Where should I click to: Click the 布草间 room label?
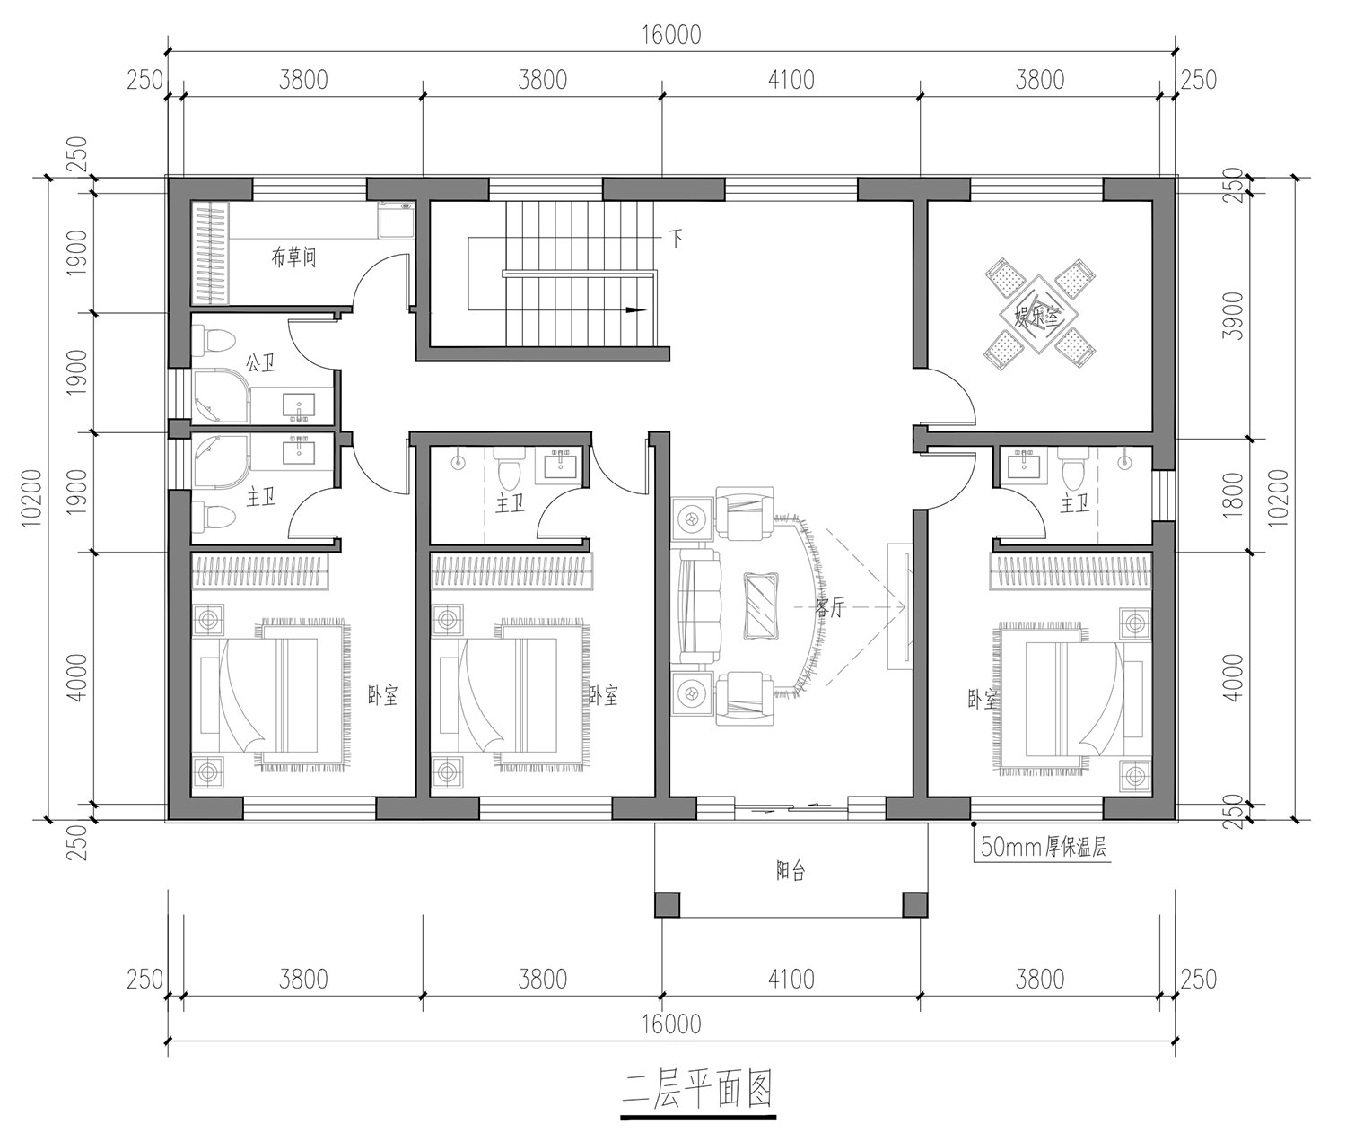pos(293,257)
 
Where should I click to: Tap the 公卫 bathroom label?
pos(261,361)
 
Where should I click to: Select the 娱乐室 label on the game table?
pos(1038,317)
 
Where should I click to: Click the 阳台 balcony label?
pos(791,870)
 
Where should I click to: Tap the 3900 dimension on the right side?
pos(1233,316)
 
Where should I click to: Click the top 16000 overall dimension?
pos(671,34)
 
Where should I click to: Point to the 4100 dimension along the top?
pos(791,80)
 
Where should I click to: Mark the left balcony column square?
pos(668,904)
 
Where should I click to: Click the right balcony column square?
pos(915,904)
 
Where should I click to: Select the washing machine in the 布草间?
pos(397,222)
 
